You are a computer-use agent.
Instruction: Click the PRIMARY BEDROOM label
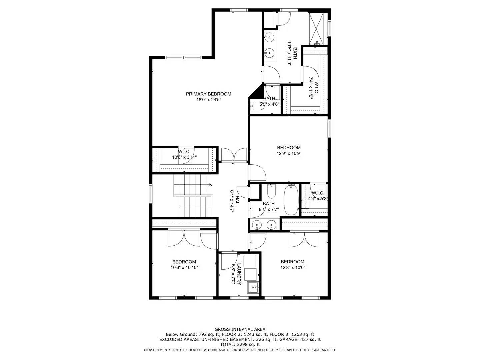pyautogui.click(x=208, y=94)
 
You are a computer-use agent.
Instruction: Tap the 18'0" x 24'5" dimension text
pyautogui.click(x=208, y=100)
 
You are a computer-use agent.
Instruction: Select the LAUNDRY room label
pyautogui.click(x=239, y=273)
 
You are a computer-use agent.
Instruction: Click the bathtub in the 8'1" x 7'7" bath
pyautogui.click(x=291, y=200)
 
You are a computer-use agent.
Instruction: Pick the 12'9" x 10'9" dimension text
pyautogui.click(x=289, y=154)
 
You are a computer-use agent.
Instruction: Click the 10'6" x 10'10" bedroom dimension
pyautogui.click(x=184, y=267)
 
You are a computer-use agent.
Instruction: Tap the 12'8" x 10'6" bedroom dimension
pyautogui.click(x=293, y=267)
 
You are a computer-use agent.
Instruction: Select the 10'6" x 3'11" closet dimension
pyautogui.click(x=184, y=157)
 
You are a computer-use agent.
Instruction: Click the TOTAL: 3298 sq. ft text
pyautogui.click(x=240, y=345)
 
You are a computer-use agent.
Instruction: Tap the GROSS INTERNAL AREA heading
pyautogui.click(x=240, y=329)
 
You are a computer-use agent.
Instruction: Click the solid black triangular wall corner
pyautogui.click(x=256, y=92)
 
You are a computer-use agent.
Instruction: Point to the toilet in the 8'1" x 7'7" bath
pyautogui.click(x=271, y=193)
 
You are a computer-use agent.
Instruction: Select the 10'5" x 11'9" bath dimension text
pyautogui.click(x=289, y=53)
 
